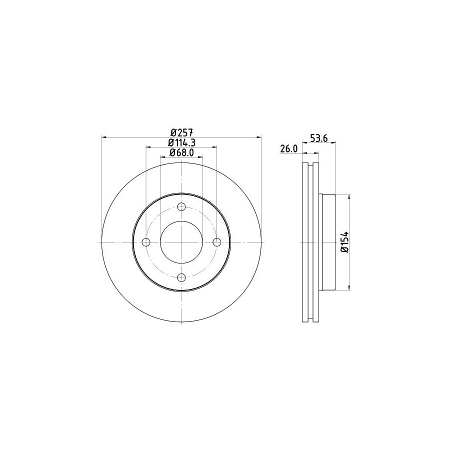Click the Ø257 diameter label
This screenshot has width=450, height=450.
pos(181,132)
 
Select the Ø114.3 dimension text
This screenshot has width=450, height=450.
pos(181,142)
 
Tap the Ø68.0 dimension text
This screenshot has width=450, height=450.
pos(181,152)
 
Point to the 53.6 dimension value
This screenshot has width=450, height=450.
pos(319,138)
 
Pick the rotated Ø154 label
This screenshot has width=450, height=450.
pos(344,241)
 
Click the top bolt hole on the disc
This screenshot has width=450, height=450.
pos(181,206)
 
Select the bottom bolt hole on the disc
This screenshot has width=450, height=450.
pos(181,277)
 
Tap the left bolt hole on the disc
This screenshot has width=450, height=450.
pos(146,242)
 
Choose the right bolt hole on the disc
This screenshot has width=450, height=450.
pos(216,242)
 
